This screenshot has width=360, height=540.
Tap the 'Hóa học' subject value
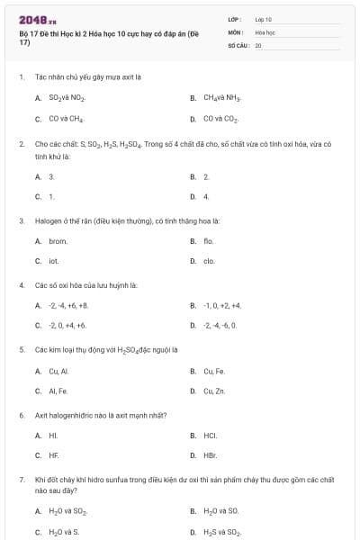pyautogui.click(x=265, y=31)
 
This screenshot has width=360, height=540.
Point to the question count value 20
pyautogui.click(x=258, y=44)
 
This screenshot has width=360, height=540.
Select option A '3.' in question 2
pyautogui.click(x=51, y=176)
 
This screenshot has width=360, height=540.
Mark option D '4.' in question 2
pyautogui.click(x=206, y=195)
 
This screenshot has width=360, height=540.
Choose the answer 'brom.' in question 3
pyautogui.click(x=58, y=240)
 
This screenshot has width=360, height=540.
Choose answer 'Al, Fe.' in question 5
pyautogui.click(x=58, y=391)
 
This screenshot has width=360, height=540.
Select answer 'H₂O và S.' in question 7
pyautogui.click(x=63, y=532)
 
